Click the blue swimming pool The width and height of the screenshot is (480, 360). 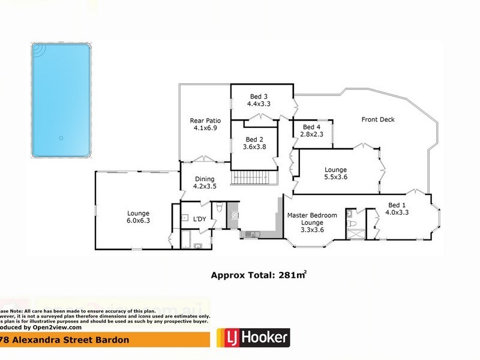pos(61,100)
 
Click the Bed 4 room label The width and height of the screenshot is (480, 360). pos(313,127)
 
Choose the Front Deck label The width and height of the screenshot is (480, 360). pos(378,119)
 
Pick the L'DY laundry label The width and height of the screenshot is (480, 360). pos(199,218)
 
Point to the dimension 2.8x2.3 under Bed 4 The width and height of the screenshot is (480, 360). pos(313,134)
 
